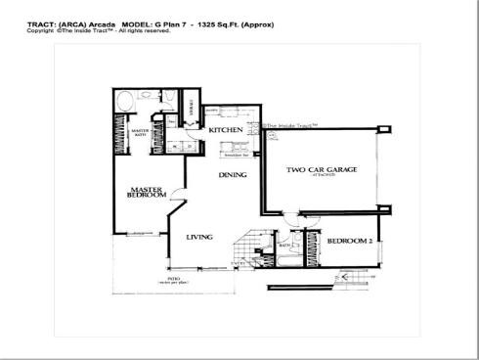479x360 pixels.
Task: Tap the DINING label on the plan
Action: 232,176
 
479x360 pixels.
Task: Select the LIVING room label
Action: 199,237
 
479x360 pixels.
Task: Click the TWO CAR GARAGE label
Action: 322,170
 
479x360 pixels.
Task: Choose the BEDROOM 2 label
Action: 347,241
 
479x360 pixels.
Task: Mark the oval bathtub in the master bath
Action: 125,101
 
